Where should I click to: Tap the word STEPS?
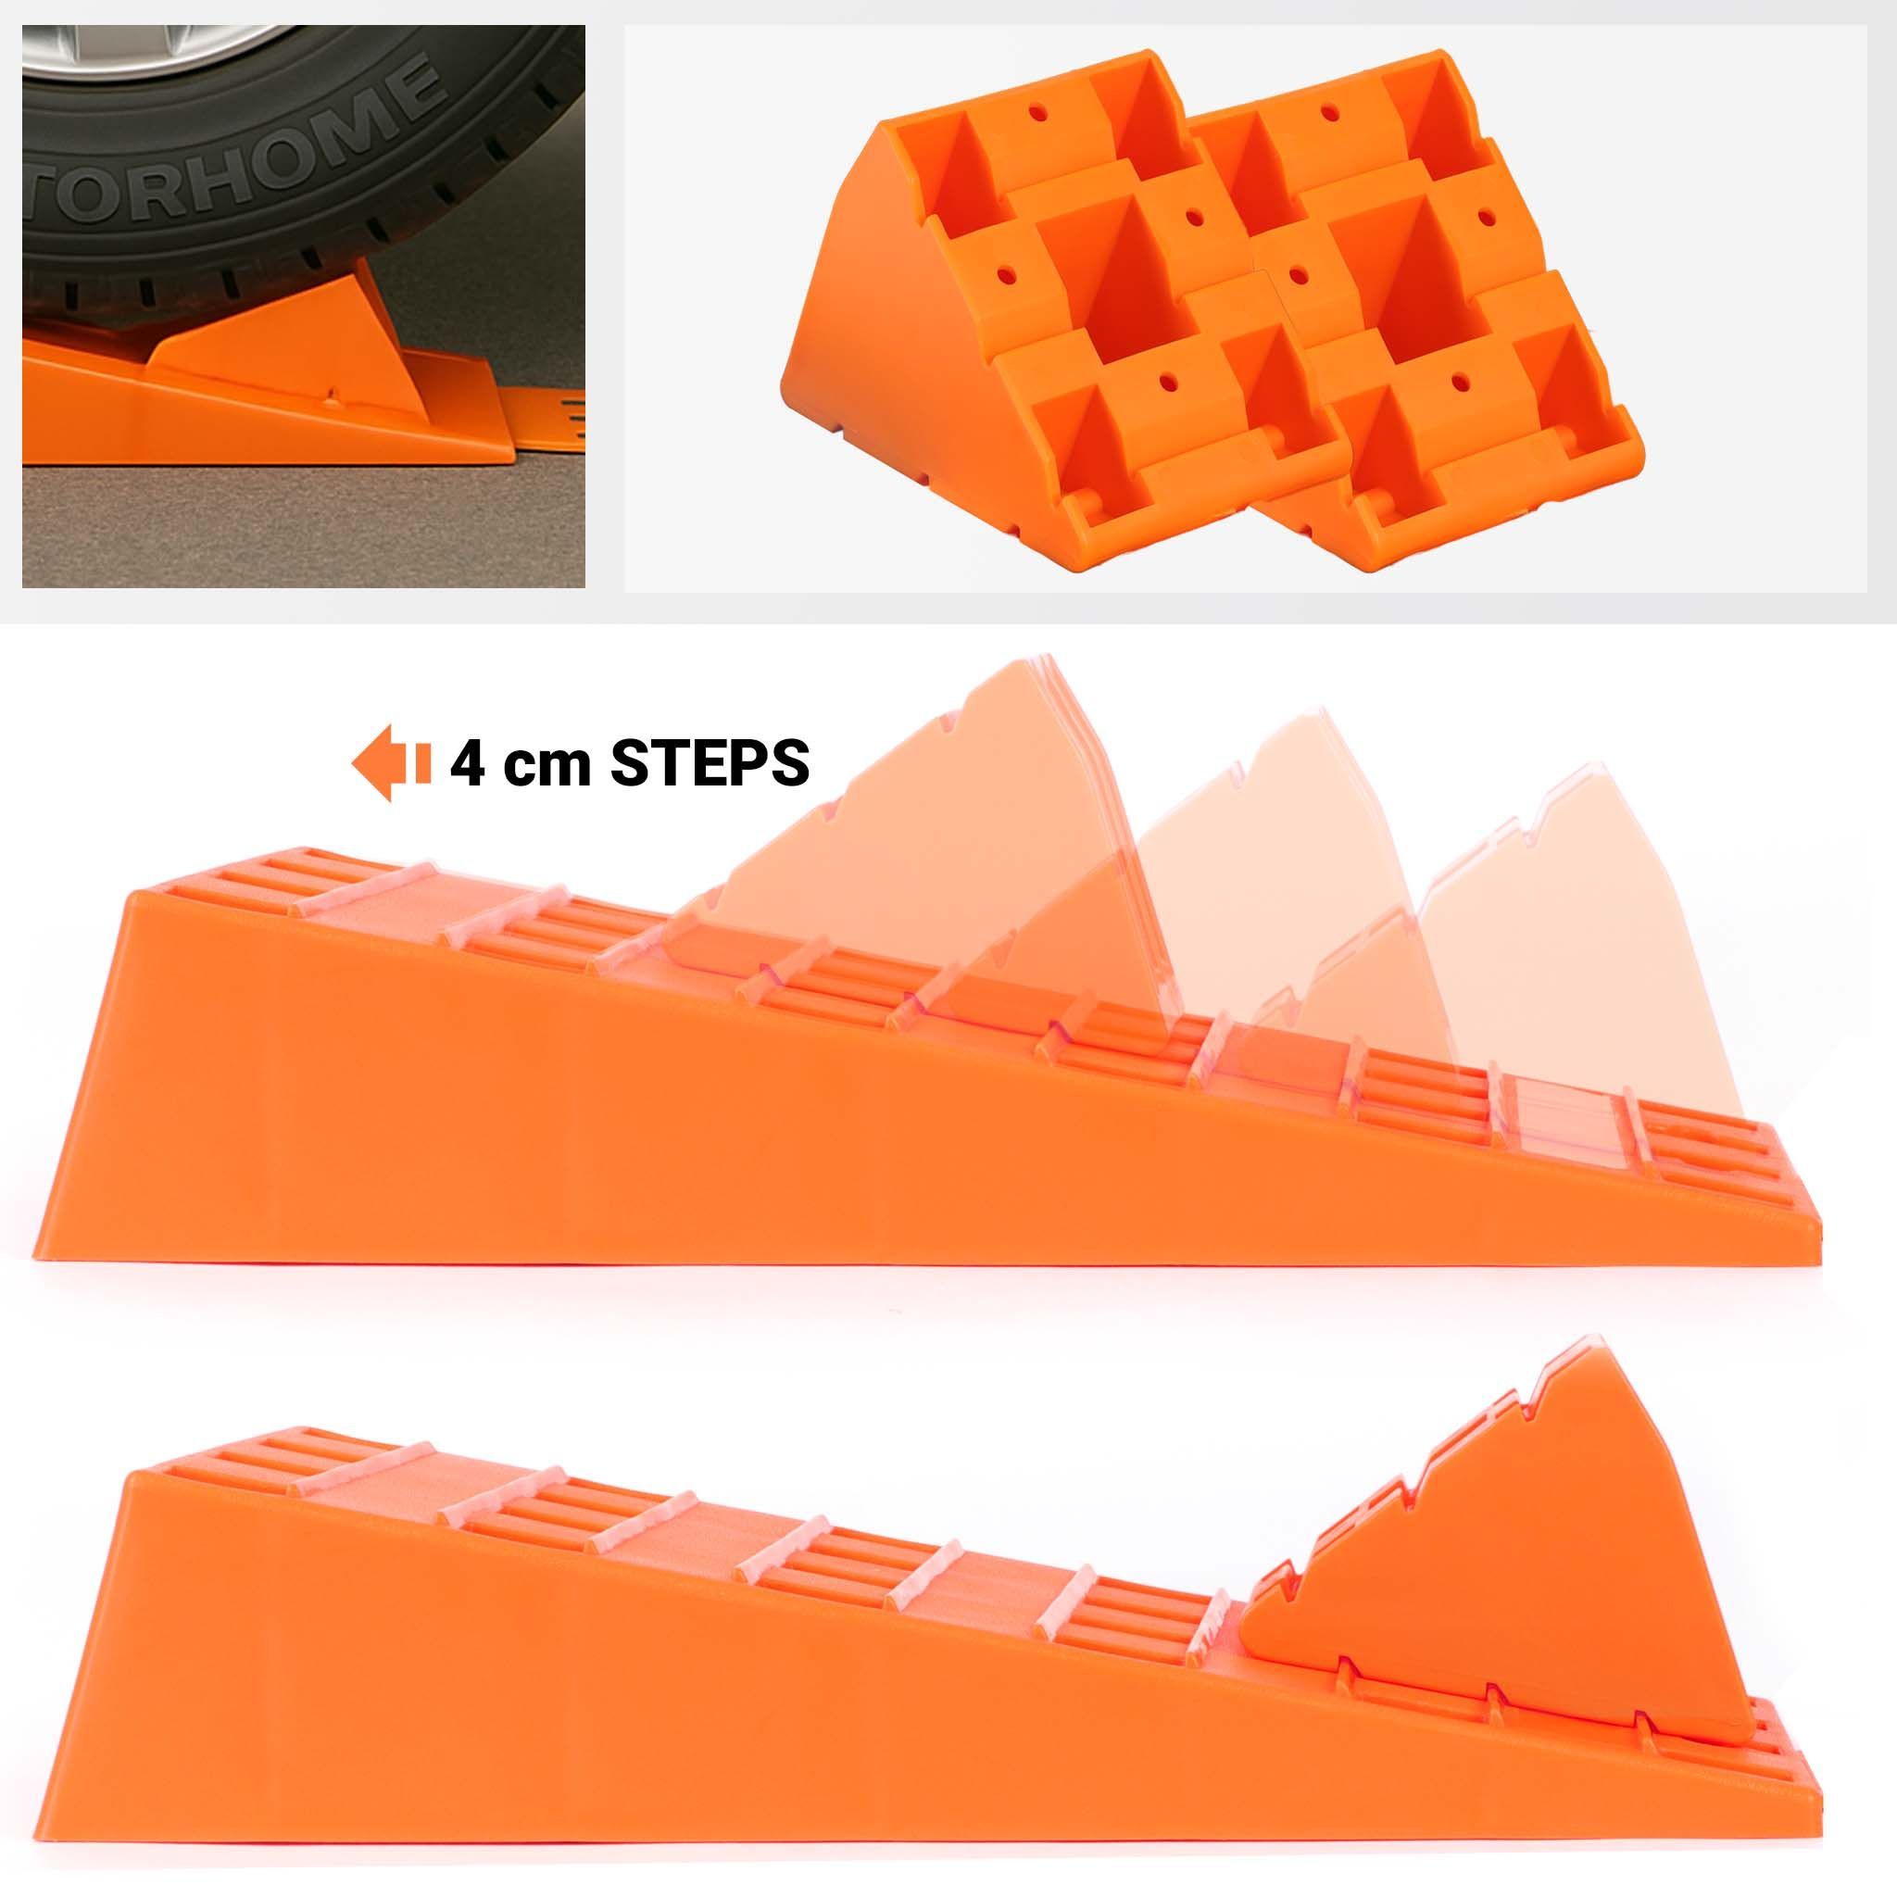pos(710,763)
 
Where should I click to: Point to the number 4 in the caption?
pos(468,763)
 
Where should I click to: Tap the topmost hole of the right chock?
pos(1329,114)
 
